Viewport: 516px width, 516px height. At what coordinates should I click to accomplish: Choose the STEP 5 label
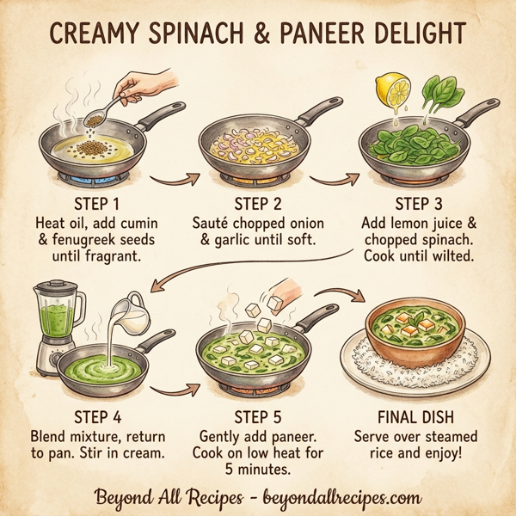[x=257, y=417]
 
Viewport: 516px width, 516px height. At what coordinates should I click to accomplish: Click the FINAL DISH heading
[x=422, y=417]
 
